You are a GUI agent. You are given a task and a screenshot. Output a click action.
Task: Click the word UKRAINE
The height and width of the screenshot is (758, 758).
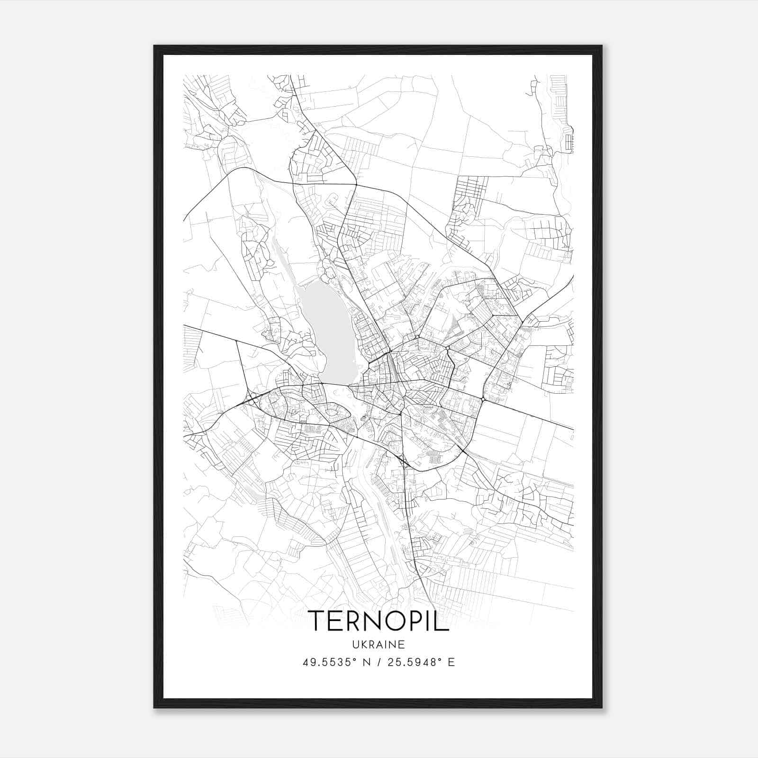tap(379, 644)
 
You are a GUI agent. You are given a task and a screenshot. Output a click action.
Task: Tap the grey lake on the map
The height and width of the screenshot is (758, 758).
tap(327, 332)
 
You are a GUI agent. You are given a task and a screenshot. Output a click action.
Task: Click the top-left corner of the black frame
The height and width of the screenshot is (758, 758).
tap(154, 46)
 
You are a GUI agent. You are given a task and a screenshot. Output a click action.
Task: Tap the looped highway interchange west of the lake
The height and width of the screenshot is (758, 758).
tap(252, 397)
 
